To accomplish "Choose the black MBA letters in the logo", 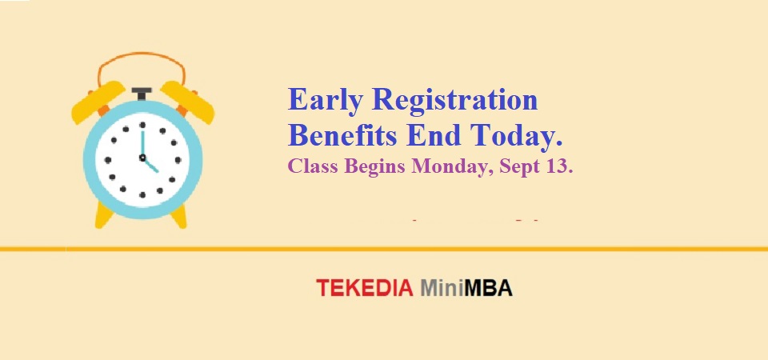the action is point(488,288).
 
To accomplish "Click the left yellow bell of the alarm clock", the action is point(98,102).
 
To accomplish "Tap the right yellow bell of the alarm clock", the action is point(187,102).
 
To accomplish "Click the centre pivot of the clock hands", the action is point(142,158).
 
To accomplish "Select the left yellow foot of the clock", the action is point(104,215).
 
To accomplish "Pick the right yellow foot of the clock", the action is point(179,216).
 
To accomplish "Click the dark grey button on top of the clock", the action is point(142,94).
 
